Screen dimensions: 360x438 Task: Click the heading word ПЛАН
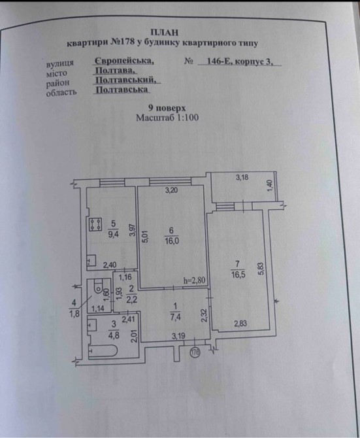click(164, 33)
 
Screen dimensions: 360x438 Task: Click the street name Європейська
click(124, 61)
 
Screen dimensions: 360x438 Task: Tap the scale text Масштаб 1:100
click(167, 118)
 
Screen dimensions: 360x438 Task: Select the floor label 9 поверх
click(167, 108)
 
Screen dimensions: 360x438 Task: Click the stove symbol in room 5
click(95, 225)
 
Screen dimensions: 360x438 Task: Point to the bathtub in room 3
click(103, 352)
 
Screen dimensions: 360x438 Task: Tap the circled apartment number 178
click(195, 352)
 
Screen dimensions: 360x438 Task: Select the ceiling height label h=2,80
click(195, 280)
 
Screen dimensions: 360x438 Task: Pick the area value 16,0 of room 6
click(171, 241)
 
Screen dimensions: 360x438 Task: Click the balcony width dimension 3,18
click(242, 177)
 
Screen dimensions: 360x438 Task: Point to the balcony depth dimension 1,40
click(270, 186)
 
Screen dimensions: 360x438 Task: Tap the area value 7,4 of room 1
click(176, 318)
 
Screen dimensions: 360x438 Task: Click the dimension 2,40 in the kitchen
click(110, 265)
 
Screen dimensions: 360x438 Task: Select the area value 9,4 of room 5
click(113, 234)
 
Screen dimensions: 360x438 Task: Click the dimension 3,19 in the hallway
click(178, 336)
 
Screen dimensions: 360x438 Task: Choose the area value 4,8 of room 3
click(114, 335)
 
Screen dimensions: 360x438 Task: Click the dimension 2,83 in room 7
click(240, 324)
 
